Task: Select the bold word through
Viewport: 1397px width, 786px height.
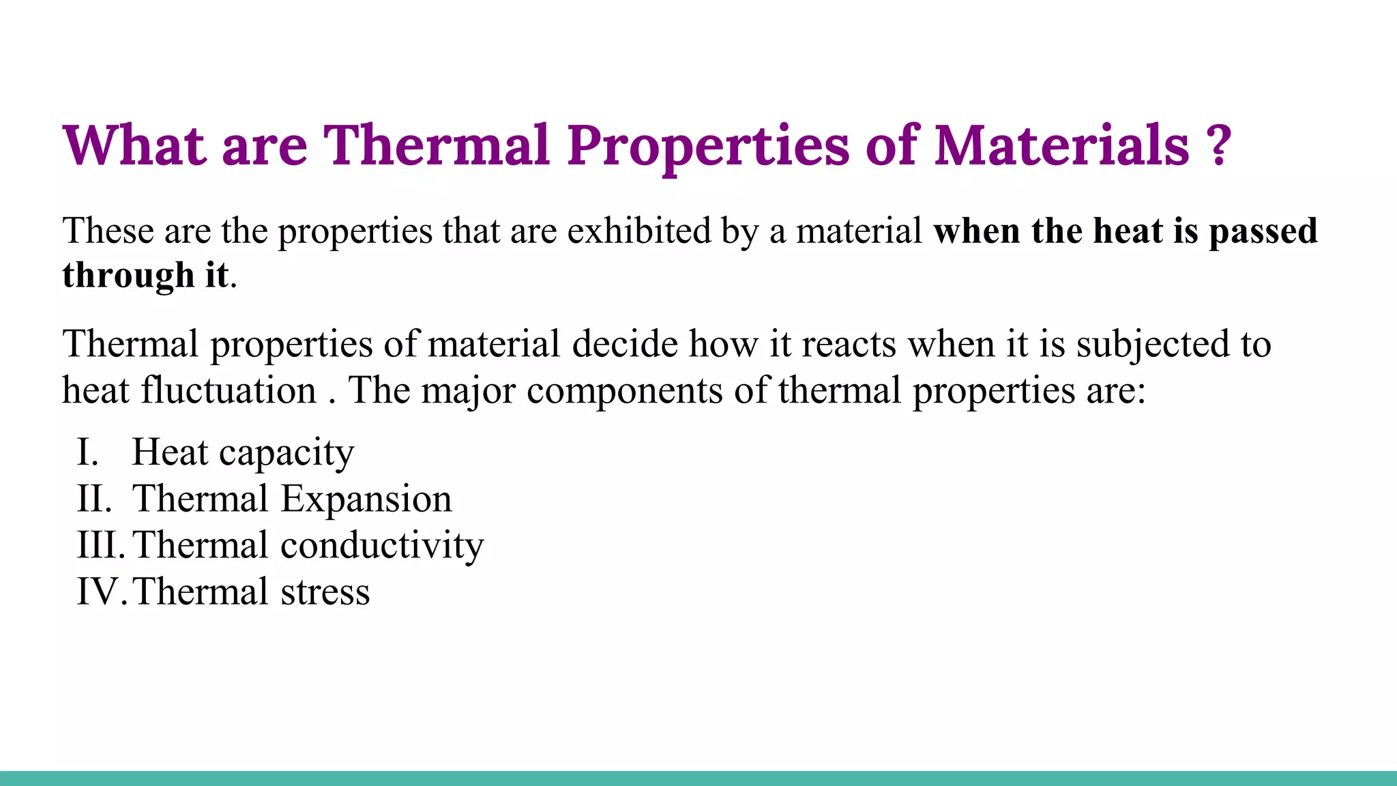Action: [x=128, y=276]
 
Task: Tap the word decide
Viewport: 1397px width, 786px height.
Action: [x=624, y=344]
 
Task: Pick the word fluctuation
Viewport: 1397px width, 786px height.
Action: [x=229, y=390]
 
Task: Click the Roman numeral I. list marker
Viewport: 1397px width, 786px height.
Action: [x=88, y=452]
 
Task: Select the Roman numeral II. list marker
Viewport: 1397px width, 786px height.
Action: [x=94, y=499]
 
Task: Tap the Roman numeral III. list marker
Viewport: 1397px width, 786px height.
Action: [x=101, y=545]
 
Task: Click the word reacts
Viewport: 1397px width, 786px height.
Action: [x=849, y=345]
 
